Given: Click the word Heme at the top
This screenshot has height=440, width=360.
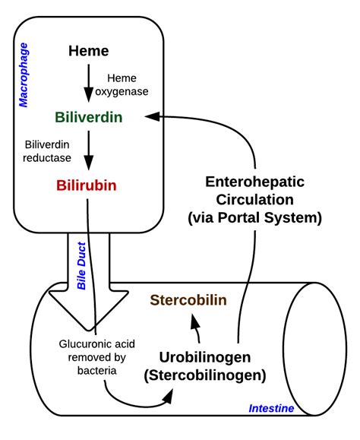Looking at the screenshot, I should (x=89, y=52).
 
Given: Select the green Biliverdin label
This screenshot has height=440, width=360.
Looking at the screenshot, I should (x=89, y=118).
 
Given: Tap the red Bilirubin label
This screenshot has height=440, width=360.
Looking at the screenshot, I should (x=88, y=185).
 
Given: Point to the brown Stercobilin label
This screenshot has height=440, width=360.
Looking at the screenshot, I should (x=188, y=299).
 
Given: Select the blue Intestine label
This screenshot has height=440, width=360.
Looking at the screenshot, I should (x=271, y=409).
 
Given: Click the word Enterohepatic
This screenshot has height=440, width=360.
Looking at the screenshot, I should (x=254, y=182).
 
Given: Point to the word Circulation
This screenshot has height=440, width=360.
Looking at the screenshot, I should (x=254, y=201).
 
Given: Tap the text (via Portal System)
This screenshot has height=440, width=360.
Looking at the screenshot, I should (x=254, y=218).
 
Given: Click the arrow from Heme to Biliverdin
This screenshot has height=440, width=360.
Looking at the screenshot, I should (x=89, y=84).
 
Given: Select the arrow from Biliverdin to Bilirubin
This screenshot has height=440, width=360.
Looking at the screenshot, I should (x=89, y=151).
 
